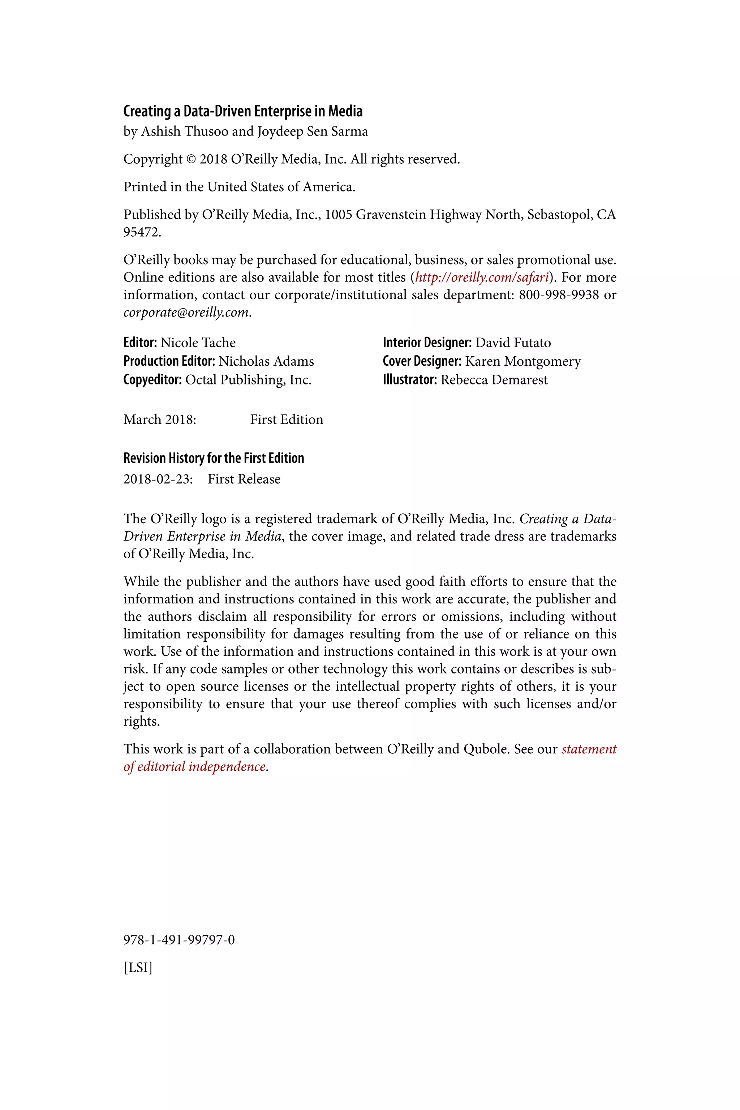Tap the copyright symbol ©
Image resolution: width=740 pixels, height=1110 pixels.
pos(191,159)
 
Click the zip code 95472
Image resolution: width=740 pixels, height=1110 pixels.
pos(142,232)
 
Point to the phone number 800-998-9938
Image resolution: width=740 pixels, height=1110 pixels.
pos(559,295)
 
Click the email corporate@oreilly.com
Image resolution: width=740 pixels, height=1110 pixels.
pos(186,313)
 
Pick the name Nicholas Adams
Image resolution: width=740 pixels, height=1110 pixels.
pos(266,361)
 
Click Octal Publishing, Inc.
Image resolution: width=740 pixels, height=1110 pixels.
pos(248,380)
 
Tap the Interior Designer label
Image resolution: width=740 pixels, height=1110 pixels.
pos(427,343)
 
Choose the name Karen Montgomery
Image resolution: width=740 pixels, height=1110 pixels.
pos(523,361)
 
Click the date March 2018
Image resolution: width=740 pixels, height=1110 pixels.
pos(159,420)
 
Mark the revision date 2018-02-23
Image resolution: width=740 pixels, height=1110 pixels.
pos(158,479)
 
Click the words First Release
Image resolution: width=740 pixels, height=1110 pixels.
pos(244,479)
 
